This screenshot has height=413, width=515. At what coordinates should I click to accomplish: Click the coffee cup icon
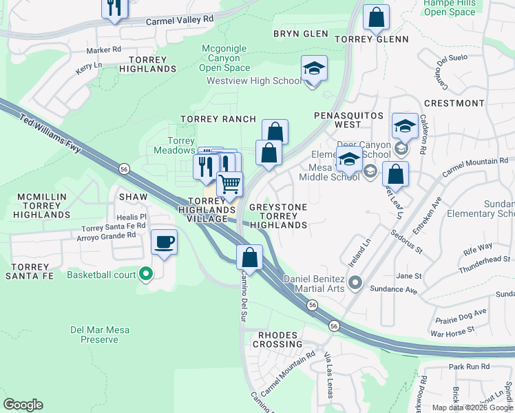point(163,242)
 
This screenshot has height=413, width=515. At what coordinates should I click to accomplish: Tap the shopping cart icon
point(229,183)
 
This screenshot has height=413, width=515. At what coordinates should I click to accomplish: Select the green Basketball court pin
point(145,275)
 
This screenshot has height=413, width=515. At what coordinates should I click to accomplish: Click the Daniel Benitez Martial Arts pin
point(355,282)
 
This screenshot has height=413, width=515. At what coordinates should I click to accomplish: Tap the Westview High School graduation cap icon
point(314,69)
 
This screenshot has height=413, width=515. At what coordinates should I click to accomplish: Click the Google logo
point(23,405)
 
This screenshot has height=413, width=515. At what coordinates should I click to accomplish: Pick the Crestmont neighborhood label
point(454,103)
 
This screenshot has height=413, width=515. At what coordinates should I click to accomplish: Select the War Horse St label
point(452,330)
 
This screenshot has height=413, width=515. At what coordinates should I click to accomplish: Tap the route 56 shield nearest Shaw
point(124,167)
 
